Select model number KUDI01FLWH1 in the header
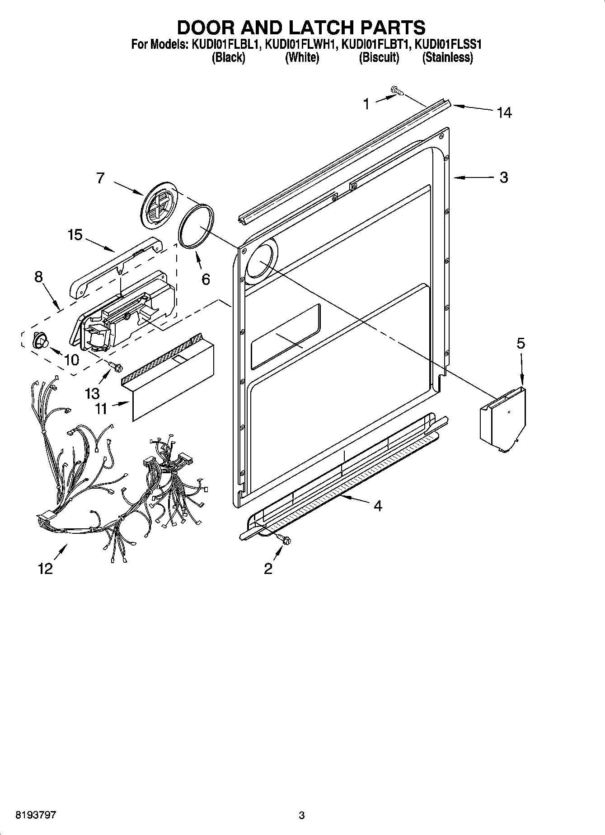(300, 45)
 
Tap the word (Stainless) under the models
(447, 58)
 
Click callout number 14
(504, 112)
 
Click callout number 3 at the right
(504, 177)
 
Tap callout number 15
(75, 235)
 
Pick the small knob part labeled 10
(40, 340)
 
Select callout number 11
(101, 409)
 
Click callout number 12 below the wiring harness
(46, 569)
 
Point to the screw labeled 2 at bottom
(284, 538)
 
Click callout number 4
(378, 506)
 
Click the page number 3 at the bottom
(302, 816)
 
